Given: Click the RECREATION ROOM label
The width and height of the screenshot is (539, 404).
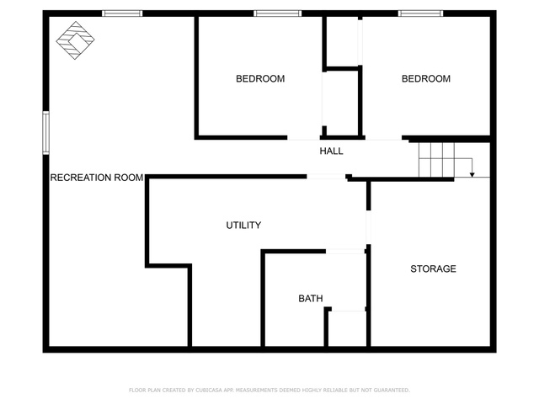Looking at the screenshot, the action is coord(97,178).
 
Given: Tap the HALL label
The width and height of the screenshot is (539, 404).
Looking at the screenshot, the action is coord(331,151).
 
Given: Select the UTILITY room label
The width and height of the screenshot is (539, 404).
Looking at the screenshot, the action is coord(243,226).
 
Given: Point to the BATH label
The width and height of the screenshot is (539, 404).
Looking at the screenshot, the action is coord(311,299).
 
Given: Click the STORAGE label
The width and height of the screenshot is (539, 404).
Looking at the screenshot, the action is coord(433,268).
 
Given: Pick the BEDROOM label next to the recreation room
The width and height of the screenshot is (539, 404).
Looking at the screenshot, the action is coord(260,78).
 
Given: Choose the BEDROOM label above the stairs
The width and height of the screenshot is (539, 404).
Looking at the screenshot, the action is coord(426,78).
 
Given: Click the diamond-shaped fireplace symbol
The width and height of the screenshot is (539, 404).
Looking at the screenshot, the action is coord(75,40).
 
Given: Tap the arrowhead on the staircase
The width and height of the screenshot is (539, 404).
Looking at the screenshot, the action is coord(472,175).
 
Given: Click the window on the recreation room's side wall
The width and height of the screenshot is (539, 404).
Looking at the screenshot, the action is coord(45,133).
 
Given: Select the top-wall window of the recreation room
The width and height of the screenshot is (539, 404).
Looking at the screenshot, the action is coord(122,13).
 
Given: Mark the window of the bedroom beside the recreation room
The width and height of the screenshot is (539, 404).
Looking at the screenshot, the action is coord(278,13).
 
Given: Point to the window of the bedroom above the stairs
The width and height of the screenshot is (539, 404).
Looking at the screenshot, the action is coord(421,13).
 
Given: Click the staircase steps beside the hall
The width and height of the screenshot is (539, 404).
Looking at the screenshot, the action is coord(436,160).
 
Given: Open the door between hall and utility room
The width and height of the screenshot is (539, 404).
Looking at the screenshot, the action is coord(326,177).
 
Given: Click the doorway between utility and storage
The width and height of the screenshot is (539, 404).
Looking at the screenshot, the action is coord(369,227).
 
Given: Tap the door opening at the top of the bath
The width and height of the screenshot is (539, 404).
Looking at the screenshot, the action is coord(345,252).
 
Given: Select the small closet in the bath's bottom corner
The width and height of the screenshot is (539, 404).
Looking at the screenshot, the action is coord(347,328).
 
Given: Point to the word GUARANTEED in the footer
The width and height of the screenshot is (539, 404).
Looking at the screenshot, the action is coord(392,391).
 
